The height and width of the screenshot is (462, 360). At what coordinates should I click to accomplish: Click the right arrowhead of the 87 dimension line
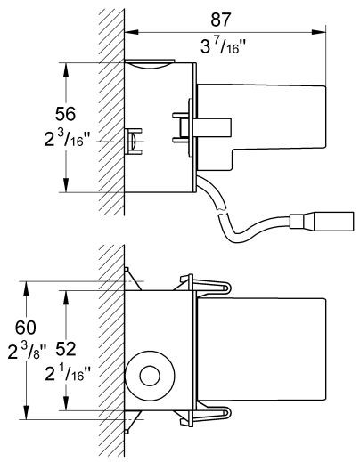(x=318, y=31)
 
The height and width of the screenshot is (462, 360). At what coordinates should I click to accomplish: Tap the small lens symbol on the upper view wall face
(x=131, y=140)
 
